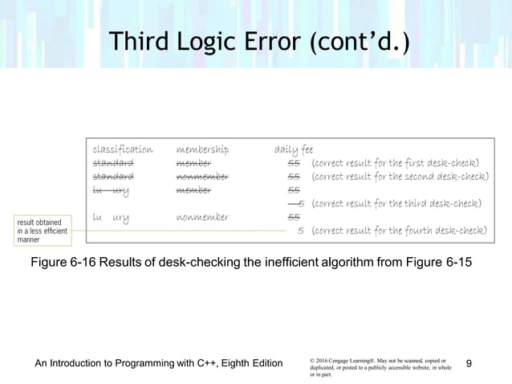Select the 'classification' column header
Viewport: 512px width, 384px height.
(x=122, y=149)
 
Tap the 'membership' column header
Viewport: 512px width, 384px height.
(x=202, y=149)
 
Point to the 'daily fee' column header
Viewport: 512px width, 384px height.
(x=294, y=149)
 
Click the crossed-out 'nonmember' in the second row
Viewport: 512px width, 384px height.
(x=202, y=176)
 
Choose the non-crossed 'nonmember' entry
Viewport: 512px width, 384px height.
(x=202, y=217)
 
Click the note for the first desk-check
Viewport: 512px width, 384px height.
(x=394, y=163)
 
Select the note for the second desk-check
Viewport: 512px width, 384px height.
(x=399, y=176)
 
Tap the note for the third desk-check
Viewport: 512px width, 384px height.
(x=396, y=203)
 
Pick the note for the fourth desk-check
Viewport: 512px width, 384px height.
(x=398, y=231)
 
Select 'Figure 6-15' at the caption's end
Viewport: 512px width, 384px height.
(x=449, y=261)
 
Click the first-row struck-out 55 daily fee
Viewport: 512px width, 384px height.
(x=294, y=163)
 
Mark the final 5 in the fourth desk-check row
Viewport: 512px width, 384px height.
(x=299, y=231)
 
